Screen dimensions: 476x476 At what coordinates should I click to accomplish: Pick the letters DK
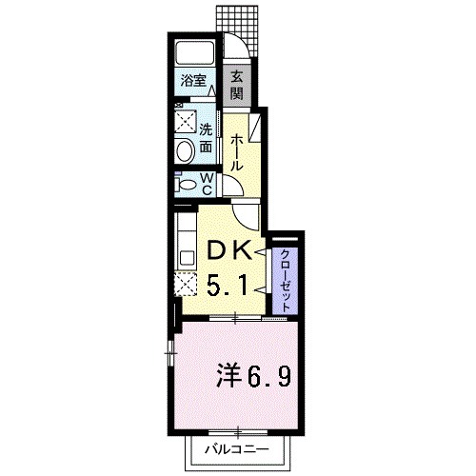pos(228,251)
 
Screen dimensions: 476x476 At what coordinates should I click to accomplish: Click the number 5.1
pos(228,283)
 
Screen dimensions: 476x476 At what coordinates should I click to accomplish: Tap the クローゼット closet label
pos(285,275)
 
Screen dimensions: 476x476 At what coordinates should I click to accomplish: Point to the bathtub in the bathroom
pos(195,53)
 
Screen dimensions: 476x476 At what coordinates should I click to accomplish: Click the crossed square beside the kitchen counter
pos(183,284)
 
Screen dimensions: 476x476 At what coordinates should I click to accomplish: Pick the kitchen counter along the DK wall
pos(183,243)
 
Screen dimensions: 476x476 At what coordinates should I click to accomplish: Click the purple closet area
pos(285,276)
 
